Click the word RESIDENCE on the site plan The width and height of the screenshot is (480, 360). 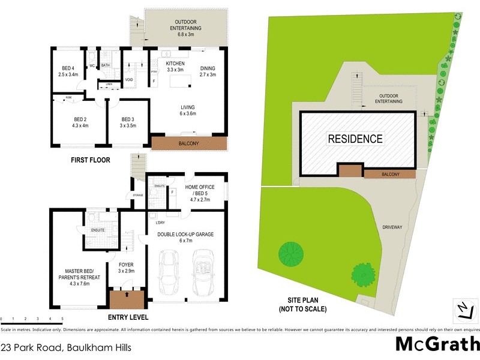pyautogui.click(x=355, y=139)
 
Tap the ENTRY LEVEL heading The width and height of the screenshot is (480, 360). pyautogui.click(x=128, y=317)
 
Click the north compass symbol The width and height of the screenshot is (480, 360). pyautogui.click(x=463, y=310)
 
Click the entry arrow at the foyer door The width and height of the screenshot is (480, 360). pyautogui.click(x=127, y=295)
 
